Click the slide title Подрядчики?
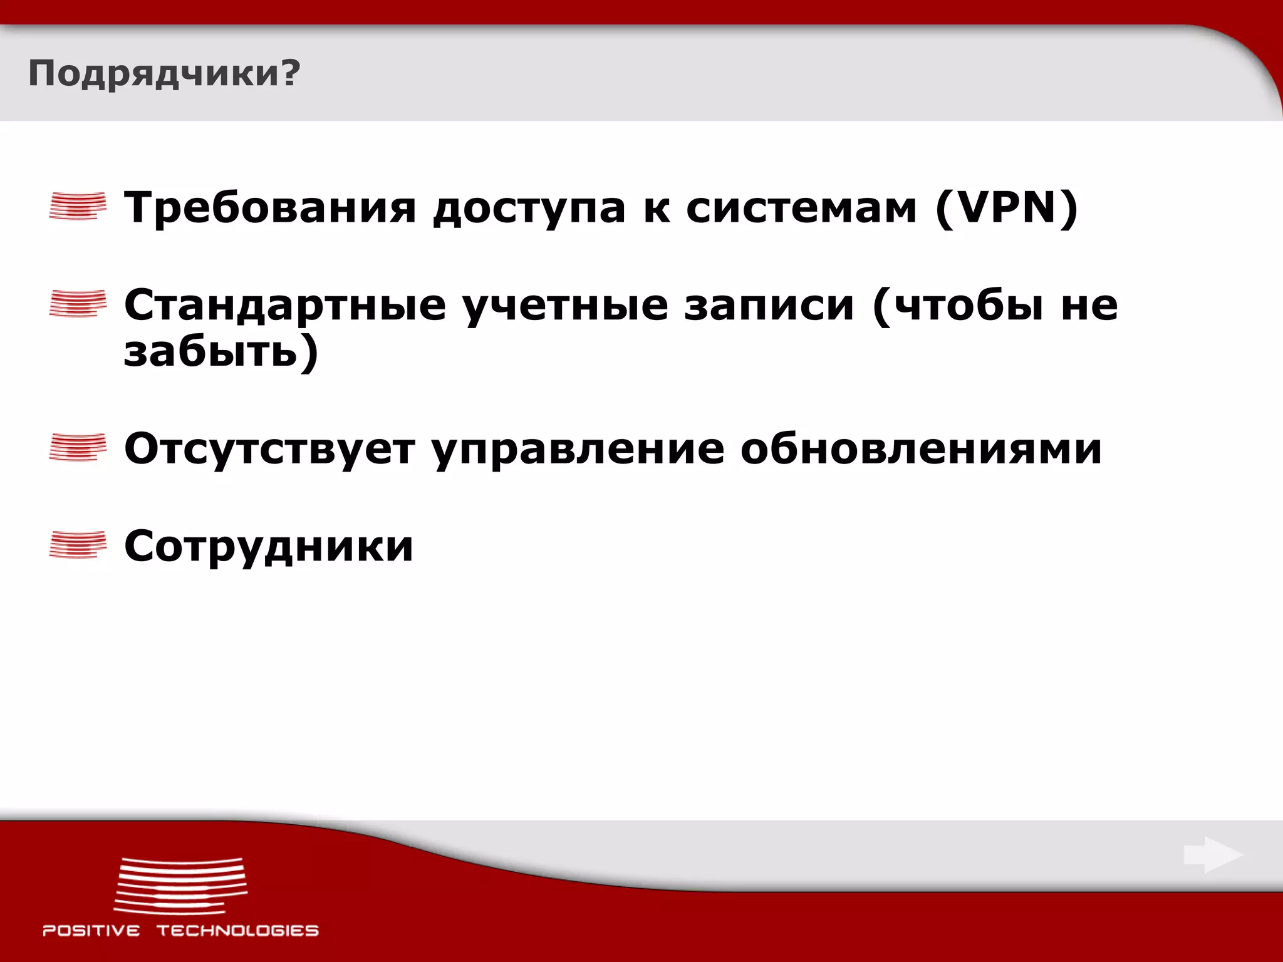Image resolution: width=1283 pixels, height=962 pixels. coord(164,74)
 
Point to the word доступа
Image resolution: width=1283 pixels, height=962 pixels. coord(529,209)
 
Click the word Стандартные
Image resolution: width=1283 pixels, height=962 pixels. coord(285,306)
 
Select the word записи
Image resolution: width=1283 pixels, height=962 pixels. coord(769,306)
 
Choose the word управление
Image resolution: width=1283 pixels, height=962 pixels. coord(578,450)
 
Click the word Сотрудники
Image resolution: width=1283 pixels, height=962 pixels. coord(269,546)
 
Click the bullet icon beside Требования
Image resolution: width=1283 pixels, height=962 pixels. coord(78,206)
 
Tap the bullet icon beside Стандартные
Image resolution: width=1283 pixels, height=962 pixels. coord(78,304)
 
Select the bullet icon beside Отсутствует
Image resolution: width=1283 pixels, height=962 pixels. coord(78,447)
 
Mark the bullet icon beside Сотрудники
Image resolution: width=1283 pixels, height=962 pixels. coord(78,544)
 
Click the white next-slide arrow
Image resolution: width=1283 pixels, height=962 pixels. coord(1213,855)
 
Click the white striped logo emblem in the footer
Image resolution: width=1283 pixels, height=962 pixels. coord(180,885)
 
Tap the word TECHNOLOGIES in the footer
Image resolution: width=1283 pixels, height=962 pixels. coord(237,931)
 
